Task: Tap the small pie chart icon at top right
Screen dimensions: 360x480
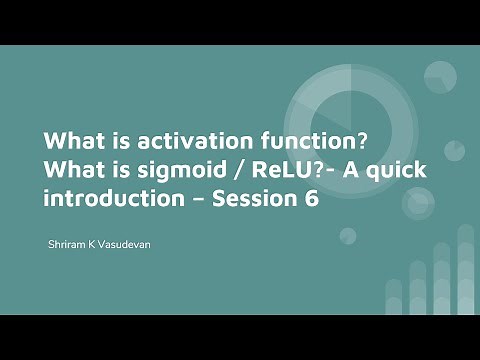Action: coord(440,77)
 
